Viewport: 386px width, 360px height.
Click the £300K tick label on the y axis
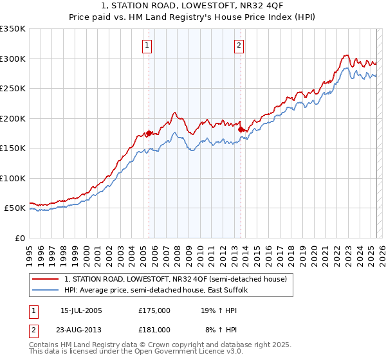13,59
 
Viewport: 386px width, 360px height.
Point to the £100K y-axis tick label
13,178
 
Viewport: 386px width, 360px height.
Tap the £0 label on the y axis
19,238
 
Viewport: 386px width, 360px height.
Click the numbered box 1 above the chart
148,45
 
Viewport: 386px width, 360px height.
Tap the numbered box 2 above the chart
239,45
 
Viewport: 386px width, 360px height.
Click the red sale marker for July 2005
149,133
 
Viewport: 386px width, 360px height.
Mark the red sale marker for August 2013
241,129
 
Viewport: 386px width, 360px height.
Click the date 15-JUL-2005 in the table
81,310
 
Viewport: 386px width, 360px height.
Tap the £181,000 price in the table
154,329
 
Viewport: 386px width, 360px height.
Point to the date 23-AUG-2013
81,329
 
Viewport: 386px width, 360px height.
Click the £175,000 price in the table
154,310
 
